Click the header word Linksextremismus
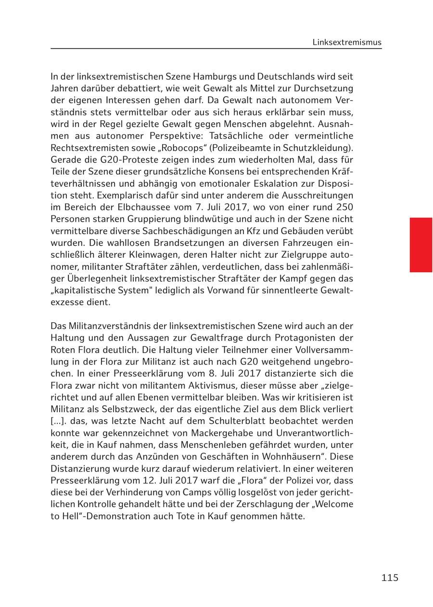[346, 42]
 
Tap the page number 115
[390, 578]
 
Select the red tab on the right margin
[420, 245]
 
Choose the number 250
[344, 207]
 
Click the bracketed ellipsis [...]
[58, 421]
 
